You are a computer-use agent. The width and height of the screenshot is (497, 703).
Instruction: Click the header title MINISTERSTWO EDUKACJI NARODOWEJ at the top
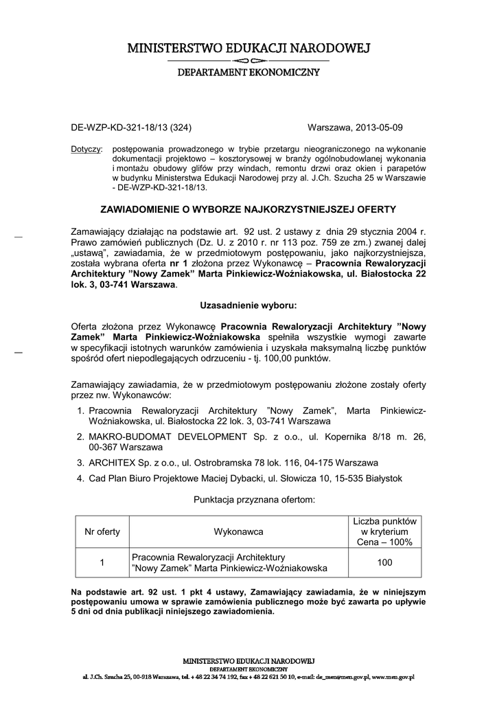[248, 48]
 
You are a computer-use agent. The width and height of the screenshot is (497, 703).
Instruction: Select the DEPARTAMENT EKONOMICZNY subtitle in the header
[248, 72]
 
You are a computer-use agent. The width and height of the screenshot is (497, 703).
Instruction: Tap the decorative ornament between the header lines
[248, 61]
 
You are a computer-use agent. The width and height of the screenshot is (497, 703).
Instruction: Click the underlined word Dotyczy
[86, 149]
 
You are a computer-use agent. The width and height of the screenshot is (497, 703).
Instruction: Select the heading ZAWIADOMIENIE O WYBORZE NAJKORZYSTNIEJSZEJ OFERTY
[248, 208]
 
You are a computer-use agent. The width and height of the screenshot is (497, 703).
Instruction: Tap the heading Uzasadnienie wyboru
[248, 303]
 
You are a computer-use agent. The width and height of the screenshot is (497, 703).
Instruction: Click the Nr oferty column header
[102, 531]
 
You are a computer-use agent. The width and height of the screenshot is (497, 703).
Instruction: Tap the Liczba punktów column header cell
[384, 531]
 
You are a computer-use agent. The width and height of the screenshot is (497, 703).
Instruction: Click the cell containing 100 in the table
[384, 563]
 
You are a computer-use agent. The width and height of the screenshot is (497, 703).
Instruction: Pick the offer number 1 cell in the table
[102, 563]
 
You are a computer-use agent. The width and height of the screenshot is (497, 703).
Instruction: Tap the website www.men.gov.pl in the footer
[393, 677]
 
